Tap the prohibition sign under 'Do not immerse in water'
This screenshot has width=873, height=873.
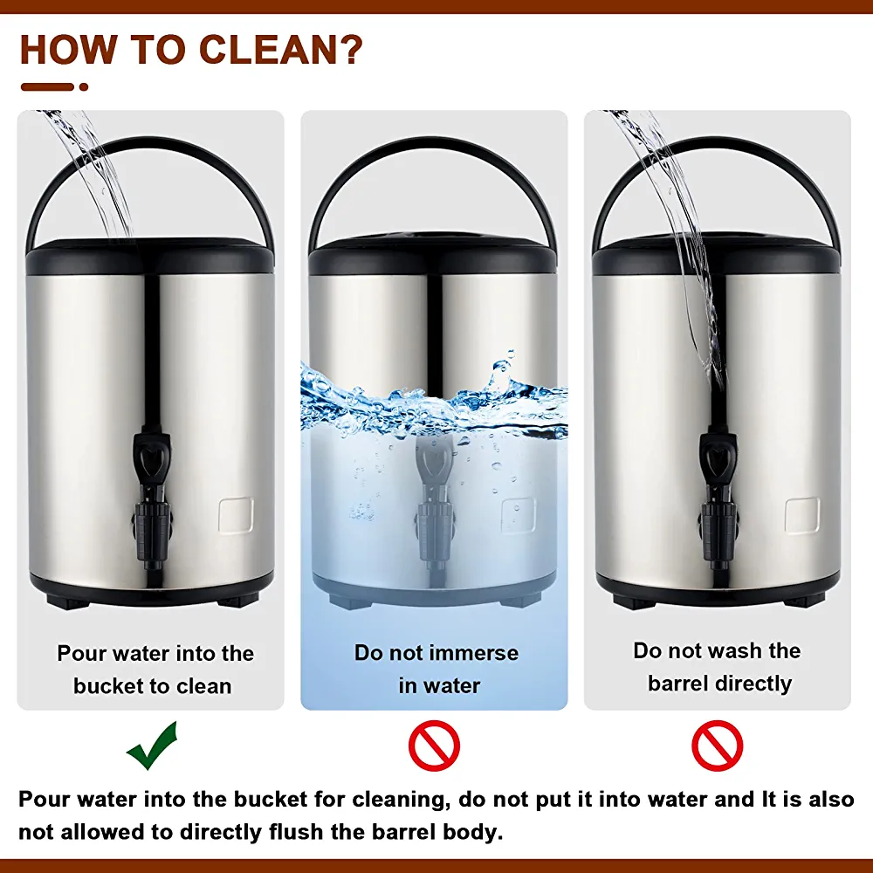434,746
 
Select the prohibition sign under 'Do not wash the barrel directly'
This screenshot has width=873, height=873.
717,746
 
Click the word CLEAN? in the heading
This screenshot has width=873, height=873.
280,50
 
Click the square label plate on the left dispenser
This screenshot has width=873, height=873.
236,515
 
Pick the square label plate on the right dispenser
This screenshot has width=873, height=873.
802,515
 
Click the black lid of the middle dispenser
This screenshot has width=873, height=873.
433,254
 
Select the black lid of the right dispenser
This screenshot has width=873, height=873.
717,254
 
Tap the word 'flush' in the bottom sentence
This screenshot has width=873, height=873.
296,832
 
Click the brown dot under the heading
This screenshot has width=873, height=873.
84,86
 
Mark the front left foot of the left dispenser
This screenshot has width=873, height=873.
67,601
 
